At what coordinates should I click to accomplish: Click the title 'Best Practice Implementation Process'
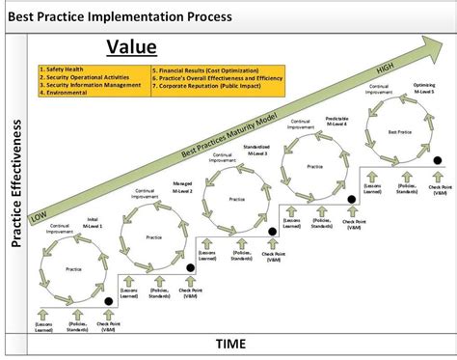(119, 16)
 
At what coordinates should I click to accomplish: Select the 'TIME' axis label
(229, 344)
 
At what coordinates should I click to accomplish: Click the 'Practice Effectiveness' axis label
(16, 184)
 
